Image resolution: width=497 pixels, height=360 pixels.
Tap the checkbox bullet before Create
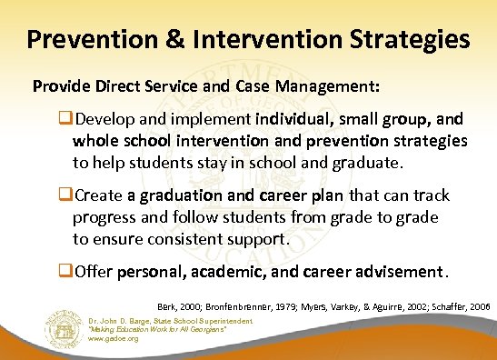pyautogui.click(x=65, y=197)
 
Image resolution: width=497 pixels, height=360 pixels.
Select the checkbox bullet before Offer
pyautogui.click(x=65, y=272)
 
